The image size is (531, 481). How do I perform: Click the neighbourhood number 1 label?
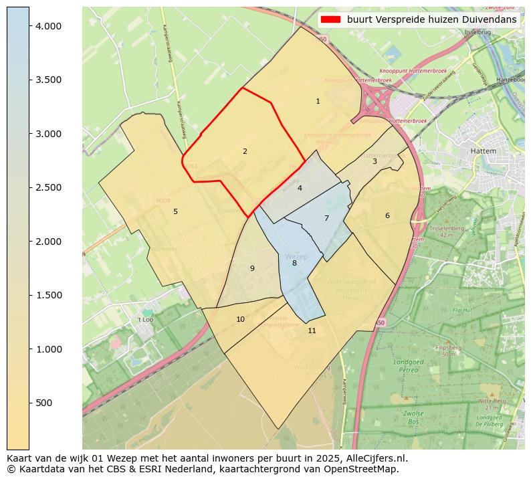point(318,102)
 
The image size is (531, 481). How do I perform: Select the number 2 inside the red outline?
point(245,151)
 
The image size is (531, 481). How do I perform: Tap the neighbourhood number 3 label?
point(375,161)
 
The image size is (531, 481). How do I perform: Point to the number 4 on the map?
point(300,188)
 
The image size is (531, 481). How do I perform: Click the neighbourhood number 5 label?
point(175,211)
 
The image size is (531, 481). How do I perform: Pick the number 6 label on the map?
point(387,215)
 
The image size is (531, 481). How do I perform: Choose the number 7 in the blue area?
point(326,218)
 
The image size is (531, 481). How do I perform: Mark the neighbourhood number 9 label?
point(252,268)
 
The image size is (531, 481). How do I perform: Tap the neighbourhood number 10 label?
point(240,319)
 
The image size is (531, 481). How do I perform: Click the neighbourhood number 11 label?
point(312,330)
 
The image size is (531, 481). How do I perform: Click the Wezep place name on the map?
point(296,257)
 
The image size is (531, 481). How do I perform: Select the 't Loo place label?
point(145,320)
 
